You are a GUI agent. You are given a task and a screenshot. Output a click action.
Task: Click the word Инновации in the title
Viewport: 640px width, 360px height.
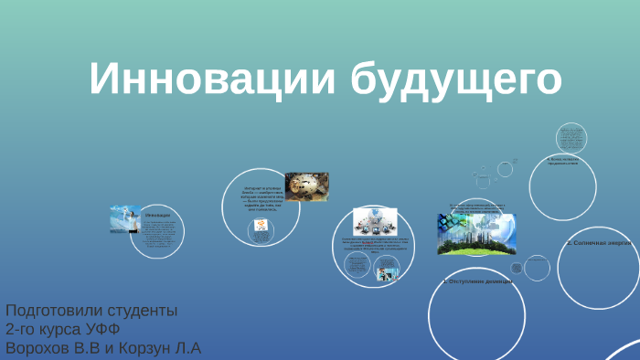coord(211,79)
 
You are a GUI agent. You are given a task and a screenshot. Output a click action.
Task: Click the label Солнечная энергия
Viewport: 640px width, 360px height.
coord(598,244)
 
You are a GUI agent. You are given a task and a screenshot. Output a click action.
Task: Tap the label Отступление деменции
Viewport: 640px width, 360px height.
coord(478,282)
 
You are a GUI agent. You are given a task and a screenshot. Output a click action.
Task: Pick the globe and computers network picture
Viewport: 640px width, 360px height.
coord(377,222)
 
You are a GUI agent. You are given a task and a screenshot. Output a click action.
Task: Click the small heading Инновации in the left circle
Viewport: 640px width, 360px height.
coord(158,215)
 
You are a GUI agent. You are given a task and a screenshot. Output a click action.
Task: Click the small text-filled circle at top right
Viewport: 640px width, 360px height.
coord(572,138)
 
